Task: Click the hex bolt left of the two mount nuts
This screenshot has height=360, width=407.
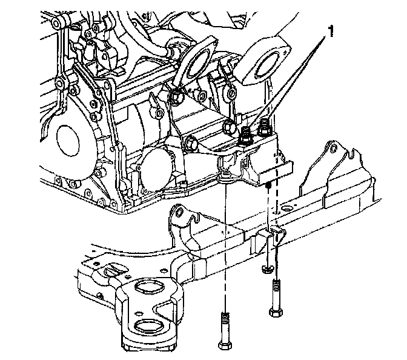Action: (229, 127)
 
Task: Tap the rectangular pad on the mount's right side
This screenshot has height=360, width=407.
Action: (277, 170)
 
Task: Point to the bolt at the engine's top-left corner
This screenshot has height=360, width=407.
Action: (57, 23)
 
